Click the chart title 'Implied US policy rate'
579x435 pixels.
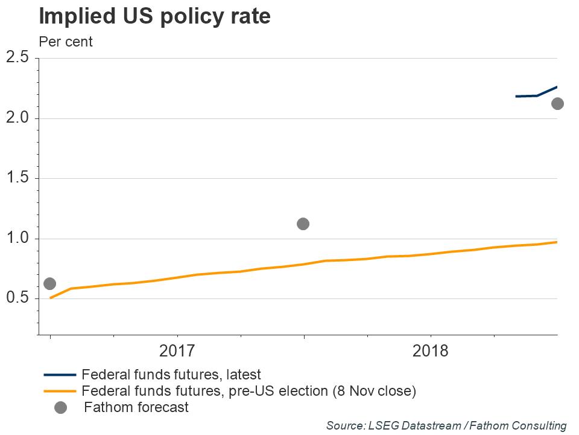pos(154,16)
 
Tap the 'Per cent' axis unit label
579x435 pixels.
pos(65,42)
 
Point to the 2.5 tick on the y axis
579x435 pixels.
pos(18,59)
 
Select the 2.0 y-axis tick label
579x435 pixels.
pos(18,118)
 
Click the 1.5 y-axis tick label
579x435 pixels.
pos(18,178)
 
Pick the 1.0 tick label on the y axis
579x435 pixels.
pos(18,239)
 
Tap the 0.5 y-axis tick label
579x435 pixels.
pos(18,298)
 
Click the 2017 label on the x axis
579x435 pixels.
pos(177,351)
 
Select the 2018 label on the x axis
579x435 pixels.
pos(431,351)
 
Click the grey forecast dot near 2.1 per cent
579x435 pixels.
pos(557,103)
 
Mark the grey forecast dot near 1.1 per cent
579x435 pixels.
pos(303,224)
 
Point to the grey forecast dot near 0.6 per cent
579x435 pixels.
pos(50,283)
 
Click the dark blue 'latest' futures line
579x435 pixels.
pos(536,95)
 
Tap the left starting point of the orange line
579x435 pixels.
pos(51,298)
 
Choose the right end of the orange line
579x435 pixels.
pos(556,242)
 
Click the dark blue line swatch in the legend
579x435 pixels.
pos(60,374)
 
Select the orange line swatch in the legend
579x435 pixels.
pos(60,391)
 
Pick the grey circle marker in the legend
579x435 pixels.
pos(60,407)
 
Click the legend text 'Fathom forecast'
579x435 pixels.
pos(136,407)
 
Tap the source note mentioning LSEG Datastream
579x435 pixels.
pos(446,426)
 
